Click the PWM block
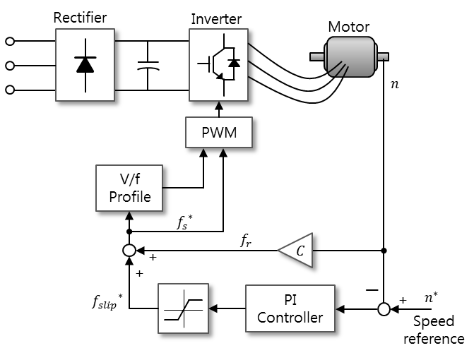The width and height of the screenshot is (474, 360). pos(219,132)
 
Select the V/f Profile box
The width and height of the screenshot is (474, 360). pos(129,188)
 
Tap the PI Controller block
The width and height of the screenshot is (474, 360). pos(290,308)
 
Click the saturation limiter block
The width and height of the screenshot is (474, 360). pos(183,308)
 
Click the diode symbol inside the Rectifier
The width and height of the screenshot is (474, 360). pos(85,65)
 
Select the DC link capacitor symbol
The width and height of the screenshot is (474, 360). pos(148,66)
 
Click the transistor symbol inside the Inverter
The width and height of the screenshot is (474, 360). pos(218,65)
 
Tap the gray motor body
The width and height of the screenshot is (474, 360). pos(350,56)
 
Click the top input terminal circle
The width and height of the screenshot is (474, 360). pos(10,42)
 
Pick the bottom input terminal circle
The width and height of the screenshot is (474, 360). pos(10,90)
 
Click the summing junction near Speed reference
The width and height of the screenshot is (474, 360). pos(384,309)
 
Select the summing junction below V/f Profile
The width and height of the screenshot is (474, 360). pos(129,251)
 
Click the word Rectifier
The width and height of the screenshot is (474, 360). pos(80,18)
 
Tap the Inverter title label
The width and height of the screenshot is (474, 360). pos(216,19)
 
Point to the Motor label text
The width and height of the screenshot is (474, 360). pos(349,27)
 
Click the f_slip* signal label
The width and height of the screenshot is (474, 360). pos(107,301)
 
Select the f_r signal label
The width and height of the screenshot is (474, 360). pos(246,241)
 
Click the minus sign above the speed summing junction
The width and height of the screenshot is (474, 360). pos(372,290)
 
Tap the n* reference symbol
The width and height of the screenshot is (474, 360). pos(431,297)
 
